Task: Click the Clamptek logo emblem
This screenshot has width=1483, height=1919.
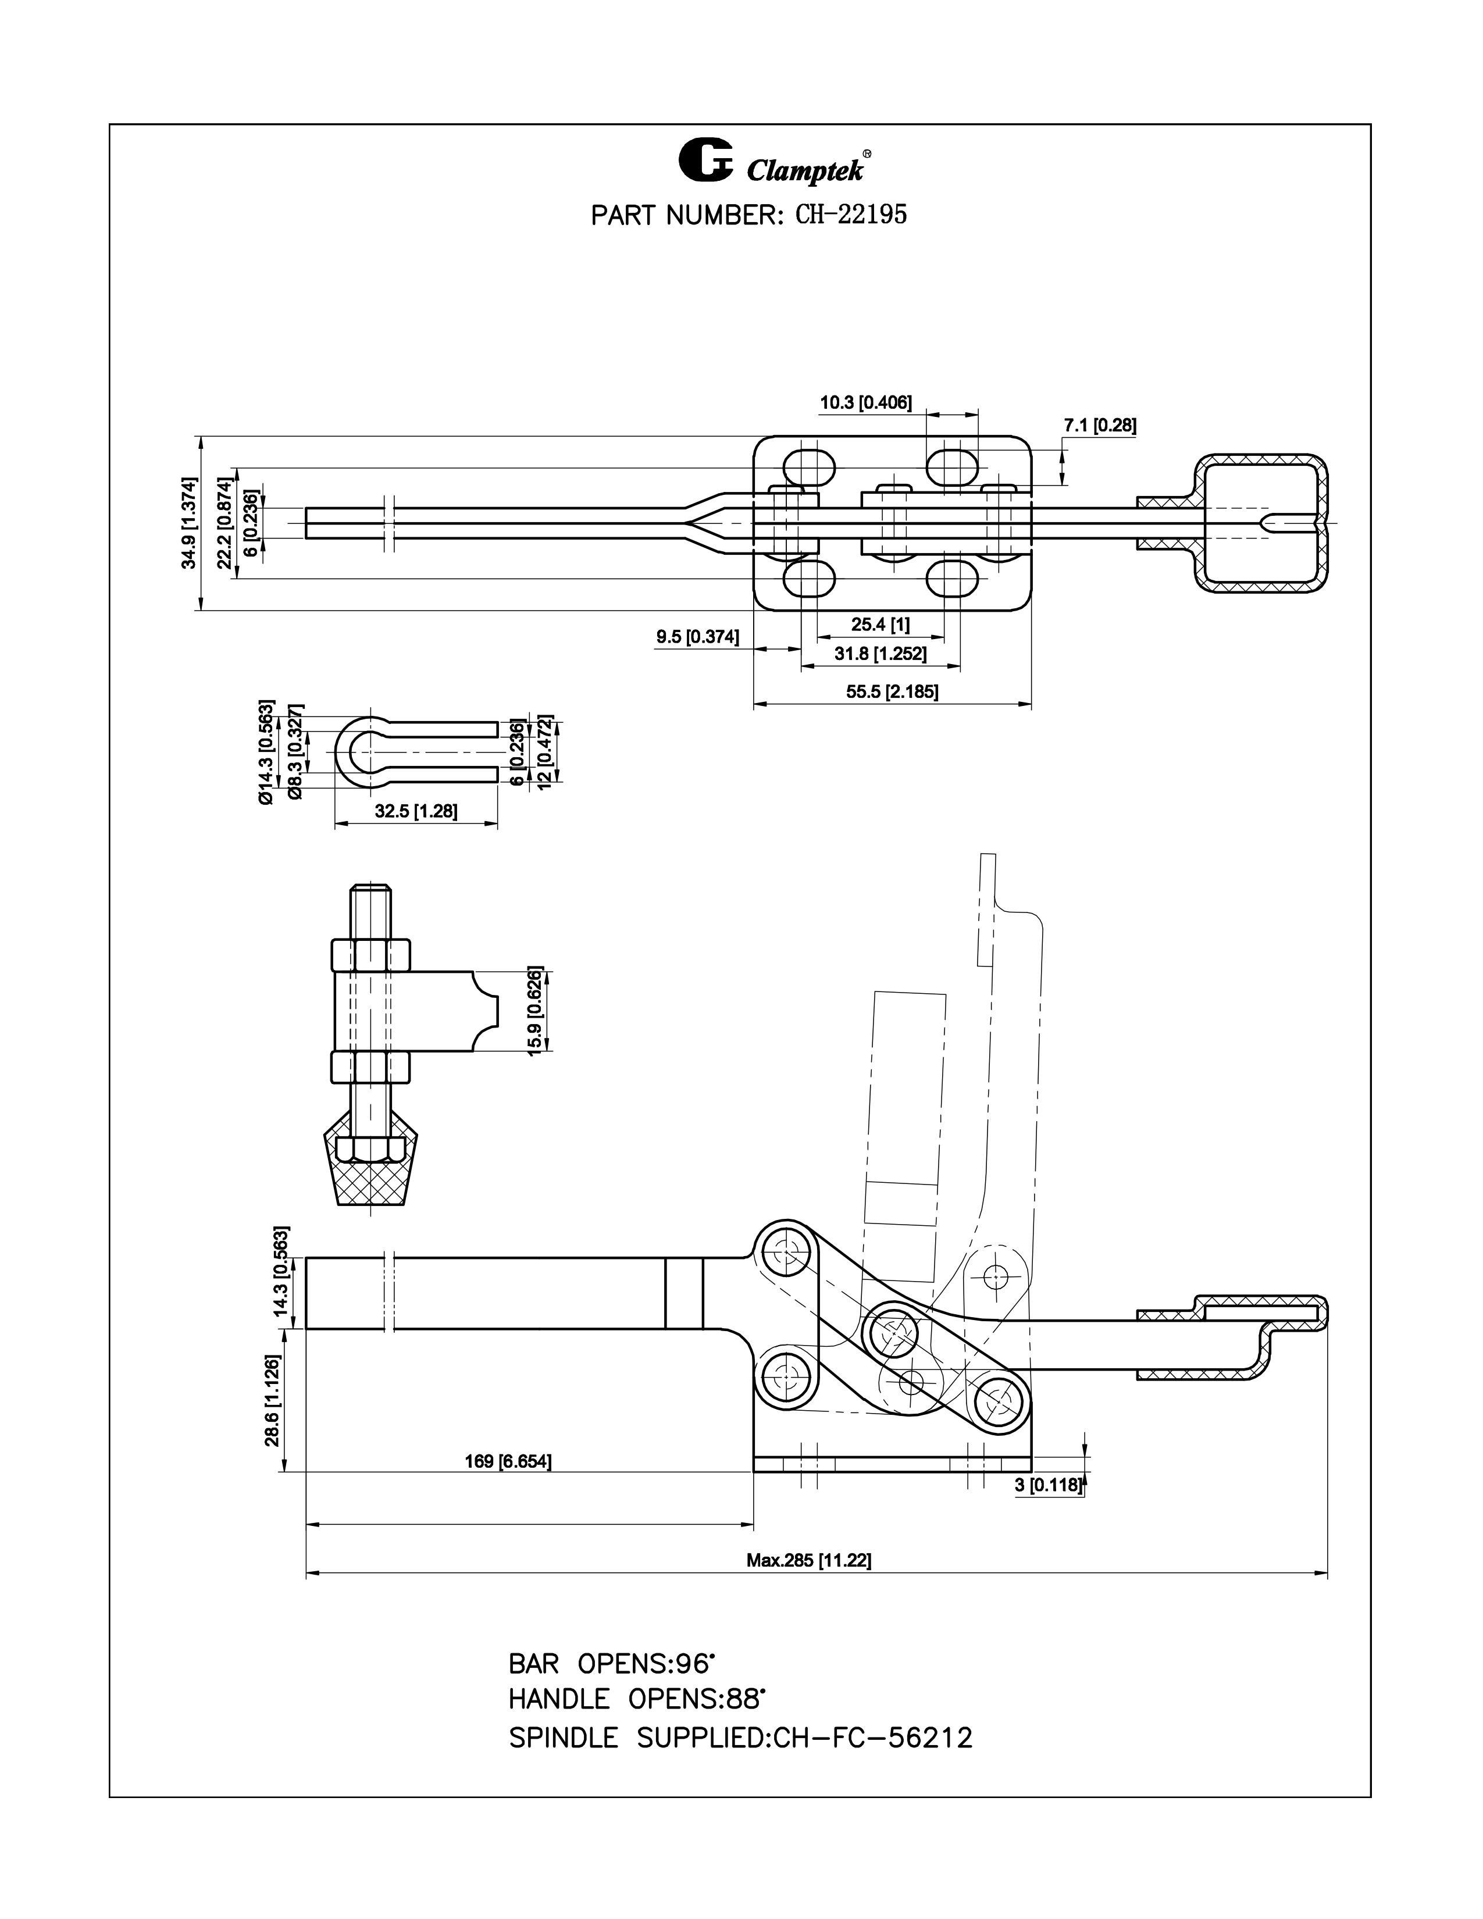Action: pos(705,161)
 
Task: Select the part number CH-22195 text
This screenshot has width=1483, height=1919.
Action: pos(850,215)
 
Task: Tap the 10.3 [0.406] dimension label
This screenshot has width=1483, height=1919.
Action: pos(865,404)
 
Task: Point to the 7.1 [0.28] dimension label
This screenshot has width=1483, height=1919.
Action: pos(1100,425)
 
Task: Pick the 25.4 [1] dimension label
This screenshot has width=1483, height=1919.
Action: pos(880,625)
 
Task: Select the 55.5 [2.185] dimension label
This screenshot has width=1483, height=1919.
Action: pos(892,691)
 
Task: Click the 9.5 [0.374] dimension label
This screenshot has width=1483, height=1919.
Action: pos(697,637)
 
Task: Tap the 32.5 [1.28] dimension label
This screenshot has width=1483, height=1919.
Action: pos(416,811)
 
